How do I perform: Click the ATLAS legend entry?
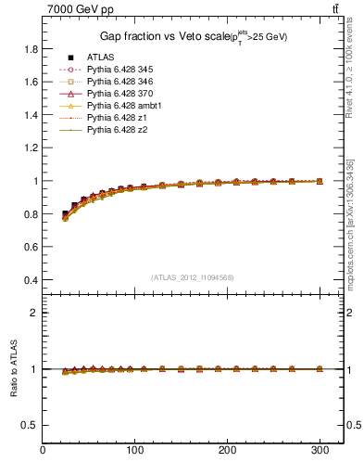coord(101,58)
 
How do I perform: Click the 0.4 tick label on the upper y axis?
coord(31,280)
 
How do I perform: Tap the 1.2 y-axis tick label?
coord(31,148)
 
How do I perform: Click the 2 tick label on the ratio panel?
coord(35,313)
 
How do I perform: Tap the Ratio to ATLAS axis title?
coord(12,368)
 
